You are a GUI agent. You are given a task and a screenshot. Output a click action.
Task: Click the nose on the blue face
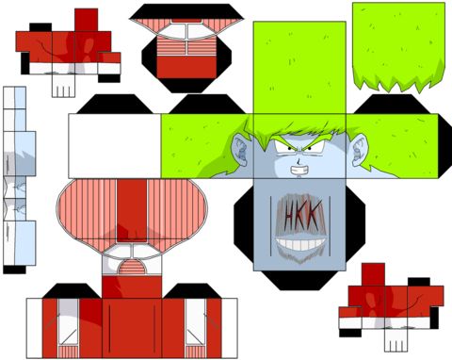coord(299,162)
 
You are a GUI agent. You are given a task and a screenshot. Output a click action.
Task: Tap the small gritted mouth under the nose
coord(299,171)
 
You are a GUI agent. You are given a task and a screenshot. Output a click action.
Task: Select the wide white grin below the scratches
coord(300,244)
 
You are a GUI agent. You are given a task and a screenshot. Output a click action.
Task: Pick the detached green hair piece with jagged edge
coord(398,47)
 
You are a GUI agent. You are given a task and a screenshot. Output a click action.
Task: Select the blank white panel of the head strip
coord(115,146)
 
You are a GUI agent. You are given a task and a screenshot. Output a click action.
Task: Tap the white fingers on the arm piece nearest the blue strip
coord(63,86)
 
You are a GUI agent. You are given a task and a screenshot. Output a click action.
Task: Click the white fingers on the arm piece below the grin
coord(395,340)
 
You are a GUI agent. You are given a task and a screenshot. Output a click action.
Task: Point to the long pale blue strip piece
coord(20,176)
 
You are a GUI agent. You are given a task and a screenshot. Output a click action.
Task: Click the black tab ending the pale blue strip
coord(14,270)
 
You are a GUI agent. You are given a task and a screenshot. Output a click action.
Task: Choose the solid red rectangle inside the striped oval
coord(132,210)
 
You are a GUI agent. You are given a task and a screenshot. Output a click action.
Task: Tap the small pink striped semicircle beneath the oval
coord(132,267)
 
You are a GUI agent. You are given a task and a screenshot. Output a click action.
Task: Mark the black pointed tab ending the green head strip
coord(444,146)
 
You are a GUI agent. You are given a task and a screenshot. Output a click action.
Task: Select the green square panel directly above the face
coord(299,68)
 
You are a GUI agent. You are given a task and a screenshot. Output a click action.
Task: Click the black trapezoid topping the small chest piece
coord(186,11)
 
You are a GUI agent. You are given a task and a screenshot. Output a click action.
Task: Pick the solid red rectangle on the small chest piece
coord(186,67)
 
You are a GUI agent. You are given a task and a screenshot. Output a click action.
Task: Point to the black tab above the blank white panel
coord(115,104)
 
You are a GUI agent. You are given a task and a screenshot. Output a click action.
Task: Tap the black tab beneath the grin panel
coord(299,280)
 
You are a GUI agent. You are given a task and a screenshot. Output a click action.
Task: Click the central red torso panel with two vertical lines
coord(132,328)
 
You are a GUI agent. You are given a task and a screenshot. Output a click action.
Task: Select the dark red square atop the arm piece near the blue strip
coord(86,20)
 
